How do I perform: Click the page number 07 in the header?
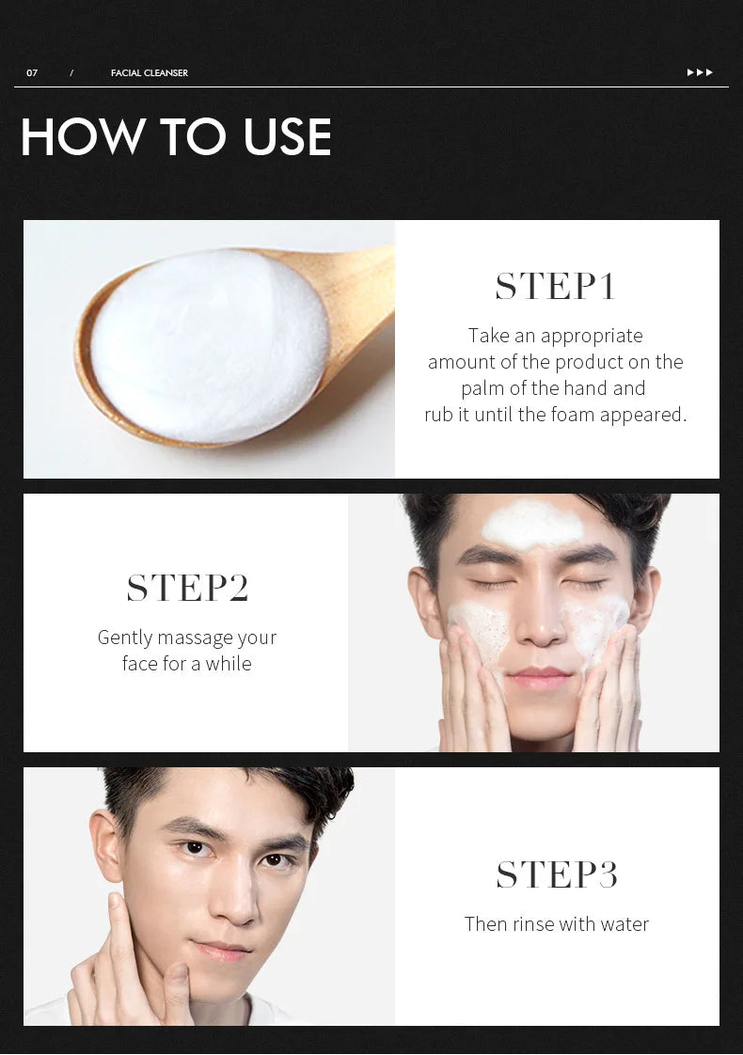(x=32, y=73)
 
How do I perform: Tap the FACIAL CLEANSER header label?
(x=149, y=73)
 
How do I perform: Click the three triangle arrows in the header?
(x=700, y=72)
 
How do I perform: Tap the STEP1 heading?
(x=555, y=287)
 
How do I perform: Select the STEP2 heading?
(x=187, y=588)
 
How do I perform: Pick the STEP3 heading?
(x=557, y=874)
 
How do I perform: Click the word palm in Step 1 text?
(x=482, y=388)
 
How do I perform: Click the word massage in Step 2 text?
(x=195, y=638)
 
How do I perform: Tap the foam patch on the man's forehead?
(x=532, y=525)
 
